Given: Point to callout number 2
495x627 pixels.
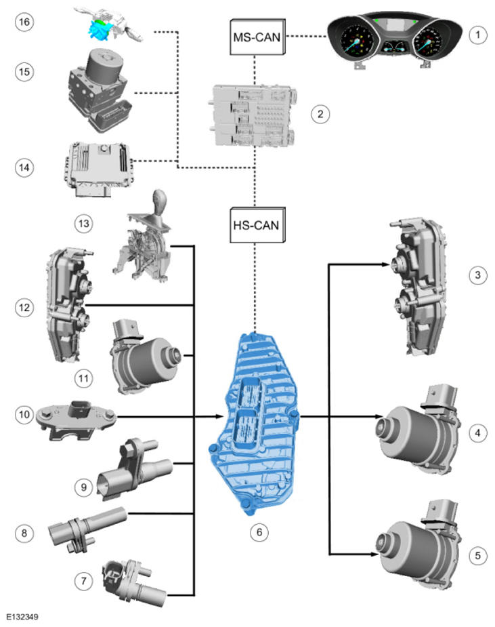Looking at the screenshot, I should (320, 114).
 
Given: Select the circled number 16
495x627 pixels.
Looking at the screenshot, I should (24, 22).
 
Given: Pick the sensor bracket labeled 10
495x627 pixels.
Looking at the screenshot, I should (79, 413).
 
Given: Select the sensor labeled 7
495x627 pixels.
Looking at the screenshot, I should (133, 579).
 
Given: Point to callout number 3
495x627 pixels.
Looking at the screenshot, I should (478, 275).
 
